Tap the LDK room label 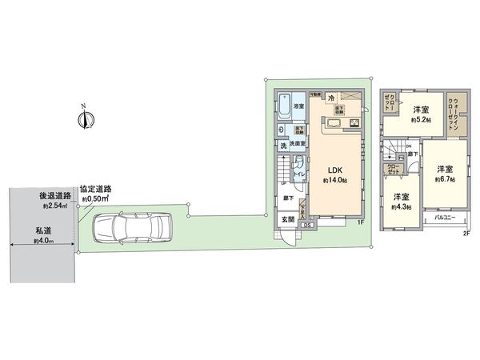click(332, 170)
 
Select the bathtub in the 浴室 click(284, 105)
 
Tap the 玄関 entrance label click(287, 219)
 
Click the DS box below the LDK click(308, 226)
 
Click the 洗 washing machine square click(283, 146)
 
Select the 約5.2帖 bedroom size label click(422, 120)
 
